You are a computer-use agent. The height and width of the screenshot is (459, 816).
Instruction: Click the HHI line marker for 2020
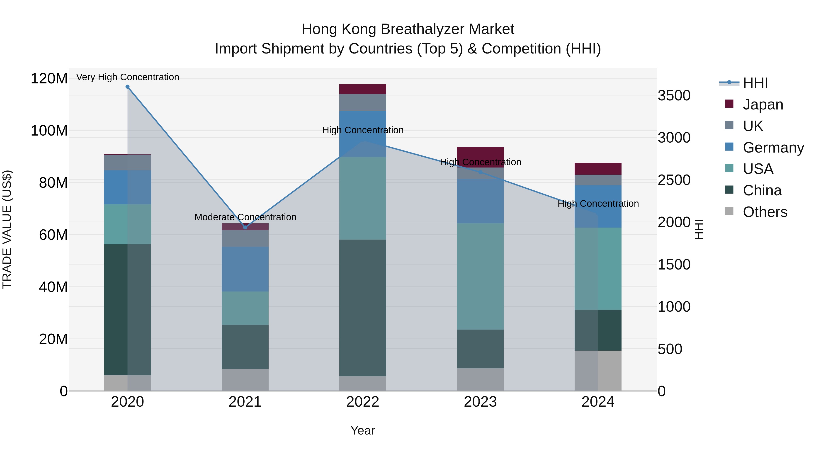[127, 87]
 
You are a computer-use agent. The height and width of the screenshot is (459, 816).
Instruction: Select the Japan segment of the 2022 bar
[363, 89]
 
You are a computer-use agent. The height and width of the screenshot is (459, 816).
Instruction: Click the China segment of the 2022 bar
[363, 308]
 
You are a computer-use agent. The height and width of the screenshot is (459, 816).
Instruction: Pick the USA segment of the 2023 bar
[480, 276]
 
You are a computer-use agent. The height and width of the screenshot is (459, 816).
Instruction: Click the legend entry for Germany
[773, 148]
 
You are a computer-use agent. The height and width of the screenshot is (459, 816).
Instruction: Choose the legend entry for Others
[765, 212]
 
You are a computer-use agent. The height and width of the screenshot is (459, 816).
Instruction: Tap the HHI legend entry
[755, 83]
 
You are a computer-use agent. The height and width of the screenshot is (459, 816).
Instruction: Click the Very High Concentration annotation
[128, 77]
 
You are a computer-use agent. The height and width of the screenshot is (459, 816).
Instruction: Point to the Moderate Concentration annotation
[245, 217]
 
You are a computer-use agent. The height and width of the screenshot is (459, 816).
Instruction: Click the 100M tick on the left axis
[49, 131]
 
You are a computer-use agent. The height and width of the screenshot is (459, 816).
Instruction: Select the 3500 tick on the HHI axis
[674, 95]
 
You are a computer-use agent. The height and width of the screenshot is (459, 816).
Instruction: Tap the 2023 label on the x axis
[480, 402]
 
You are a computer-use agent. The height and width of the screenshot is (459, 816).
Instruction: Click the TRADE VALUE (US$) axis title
[7, 229]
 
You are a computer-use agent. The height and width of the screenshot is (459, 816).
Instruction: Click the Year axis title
[363, 430]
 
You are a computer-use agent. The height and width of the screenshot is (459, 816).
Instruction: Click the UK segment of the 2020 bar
[127, 163]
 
